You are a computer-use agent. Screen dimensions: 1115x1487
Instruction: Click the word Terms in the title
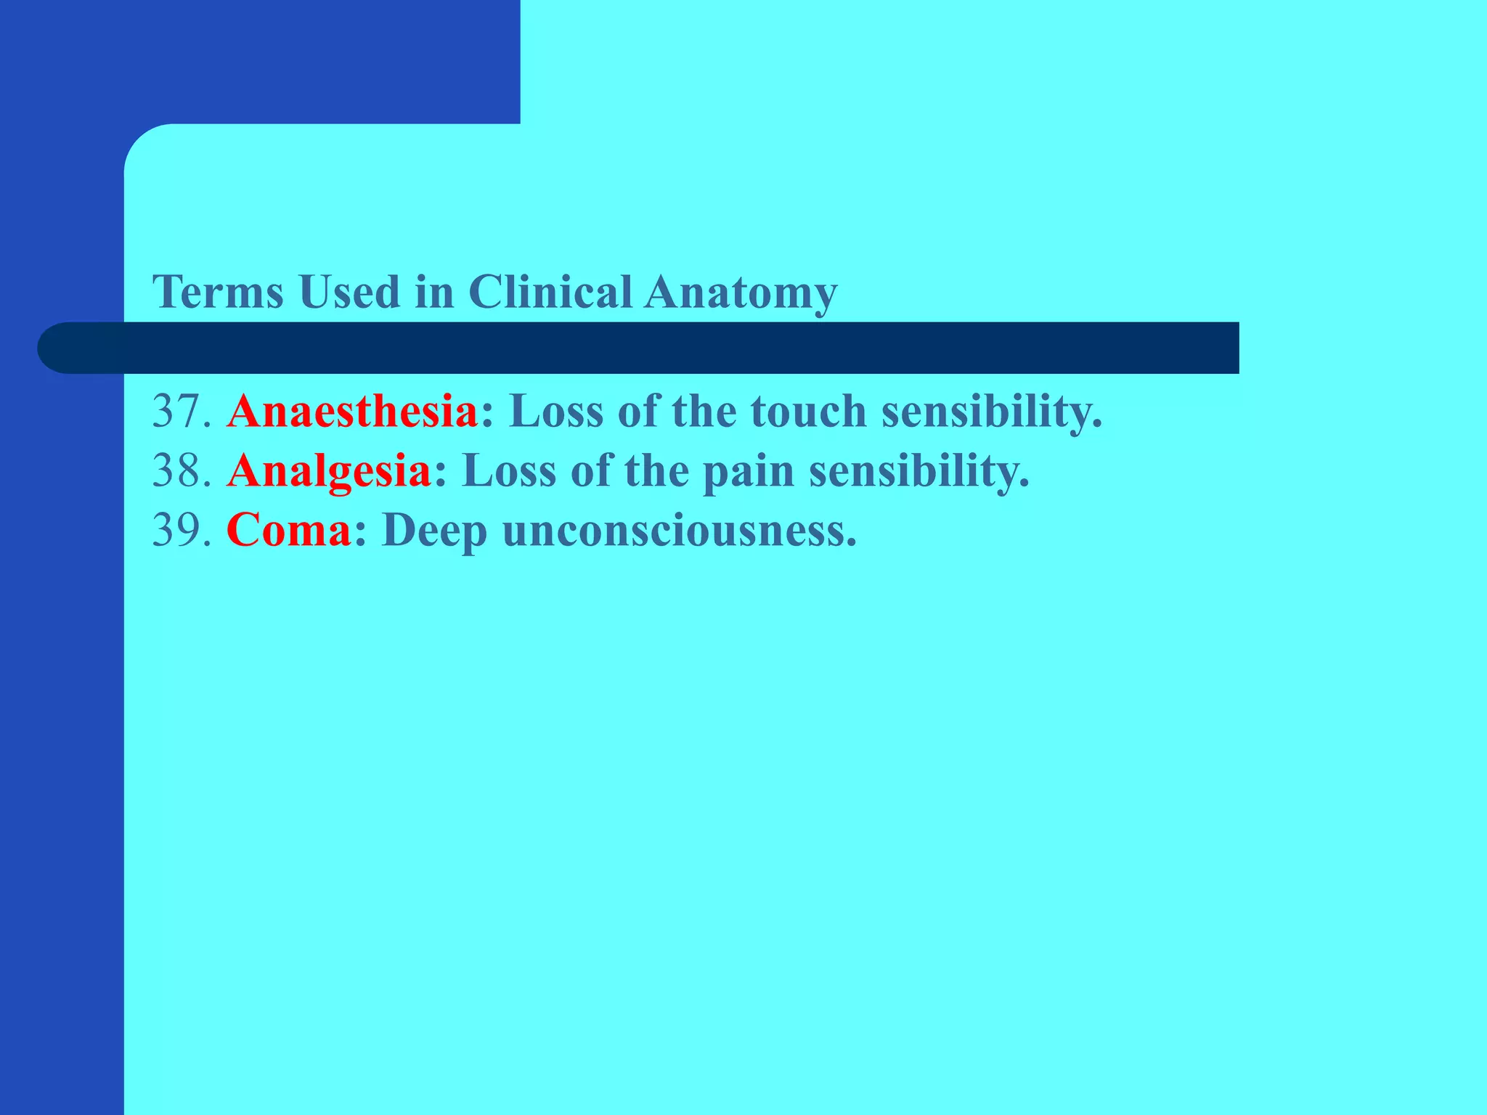tap(218, 293)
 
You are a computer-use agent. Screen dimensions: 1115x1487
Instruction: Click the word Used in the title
tap(349, 293)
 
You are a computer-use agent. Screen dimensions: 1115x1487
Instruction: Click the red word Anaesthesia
tap(352, 412)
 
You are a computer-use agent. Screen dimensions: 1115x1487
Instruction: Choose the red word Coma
tap(289, 531)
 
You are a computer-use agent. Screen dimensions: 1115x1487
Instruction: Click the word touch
tap(808, 412)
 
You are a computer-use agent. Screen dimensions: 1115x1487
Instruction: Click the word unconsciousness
tap(679, 531)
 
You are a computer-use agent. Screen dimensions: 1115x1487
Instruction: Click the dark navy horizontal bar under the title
tap(653, 348)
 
